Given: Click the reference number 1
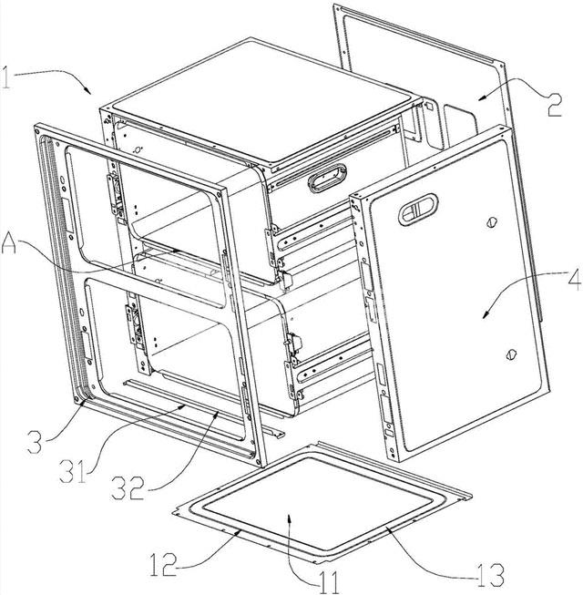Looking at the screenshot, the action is (5, 77).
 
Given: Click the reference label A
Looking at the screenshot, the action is (9, 243).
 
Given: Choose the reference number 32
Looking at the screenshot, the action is (128, 487).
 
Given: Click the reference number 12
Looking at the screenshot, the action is (163, 565).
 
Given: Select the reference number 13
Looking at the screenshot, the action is (491, 575).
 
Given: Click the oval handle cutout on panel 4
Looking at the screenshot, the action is (417, 209).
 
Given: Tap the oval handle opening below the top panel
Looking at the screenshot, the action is (327, 178).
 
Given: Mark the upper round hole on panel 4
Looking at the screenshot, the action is (492, 222).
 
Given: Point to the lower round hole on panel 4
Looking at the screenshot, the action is (510, 354).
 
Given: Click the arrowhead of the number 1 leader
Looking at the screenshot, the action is (88, 91).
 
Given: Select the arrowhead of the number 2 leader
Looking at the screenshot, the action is (482, 97).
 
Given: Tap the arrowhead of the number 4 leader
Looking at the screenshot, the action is (486, 315).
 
